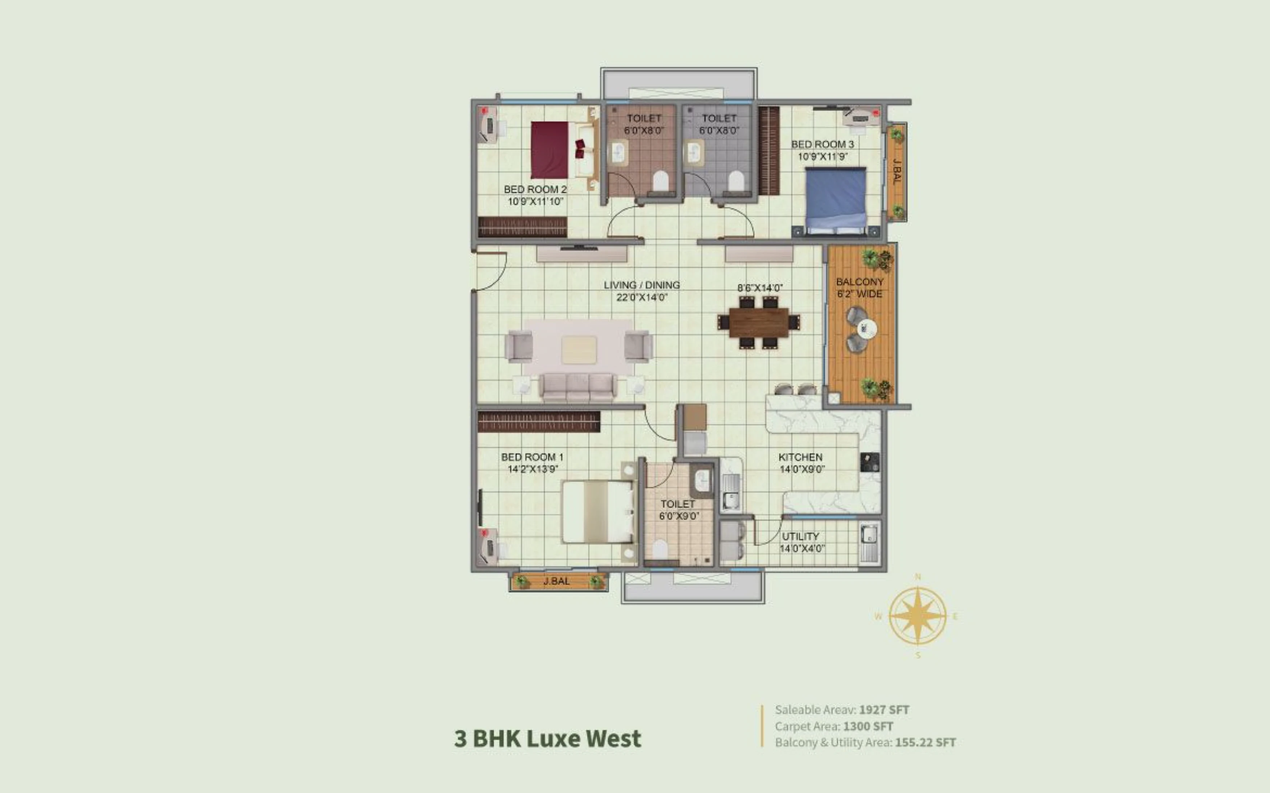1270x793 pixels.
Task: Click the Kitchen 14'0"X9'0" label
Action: coord(801,463)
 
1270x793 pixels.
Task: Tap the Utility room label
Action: coord(801,542)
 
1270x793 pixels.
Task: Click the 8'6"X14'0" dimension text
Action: coord(760,288)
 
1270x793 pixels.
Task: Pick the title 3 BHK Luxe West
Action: coord(547,738)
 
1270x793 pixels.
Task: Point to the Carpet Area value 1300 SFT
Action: coord(868,726)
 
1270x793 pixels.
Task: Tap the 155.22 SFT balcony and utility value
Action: coord(925,743)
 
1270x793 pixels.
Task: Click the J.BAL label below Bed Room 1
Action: coord(556,581)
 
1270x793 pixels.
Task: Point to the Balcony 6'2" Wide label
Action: coord(860,288)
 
